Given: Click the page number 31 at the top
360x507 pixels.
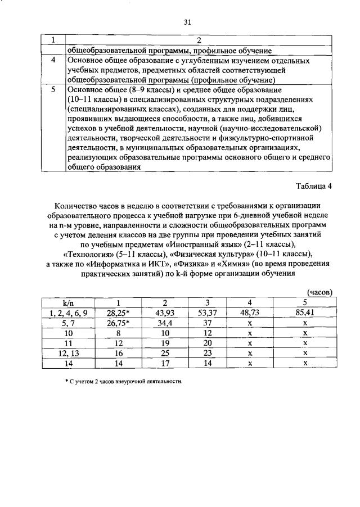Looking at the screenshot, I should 187,22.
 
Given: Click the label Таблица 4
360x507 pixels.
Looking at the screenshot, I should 313,187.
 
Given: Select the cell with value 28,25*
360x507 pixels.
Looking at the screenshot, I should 118,313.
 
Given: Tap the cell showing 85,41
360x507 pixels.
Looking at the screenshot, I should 304,313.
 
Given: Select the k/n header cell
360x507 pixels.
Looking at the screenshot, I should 68,303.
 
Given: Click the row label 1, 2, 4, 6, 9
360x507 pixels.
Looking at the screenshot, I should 68,313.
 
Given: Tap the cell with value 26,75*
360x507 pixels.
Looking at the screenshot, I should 118,323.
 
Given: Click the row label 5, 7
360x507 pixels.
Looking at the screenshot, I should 68,323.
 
